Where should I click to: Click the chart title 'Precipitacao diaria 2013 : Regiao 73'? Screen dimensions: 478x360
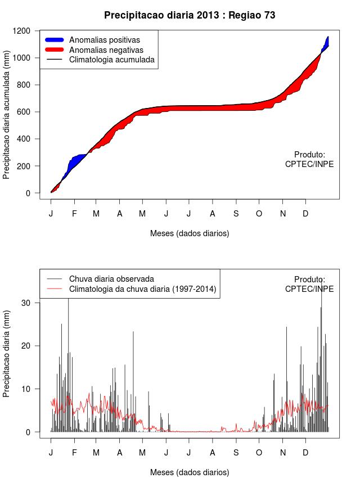pos(190,15)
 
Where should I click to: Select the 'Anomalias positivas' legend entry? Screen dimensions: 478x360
pos(104,40)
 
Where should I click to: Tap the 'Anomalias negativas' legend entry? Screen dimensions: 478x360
pos(105,49)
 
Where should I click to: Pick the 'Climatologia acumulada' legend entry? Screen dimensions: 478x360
pos(111,59)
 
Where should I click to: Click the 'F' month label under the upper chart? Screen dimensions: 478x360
pos(74,214)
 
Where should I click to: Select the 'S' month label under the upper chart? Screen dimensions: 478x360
pos(236,214)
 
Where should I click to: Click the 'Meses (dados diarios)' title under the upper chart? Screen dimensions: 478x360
pos(190,233)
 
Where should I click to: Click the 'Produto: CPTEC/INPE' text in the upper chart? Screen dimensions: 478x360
pos(309,159)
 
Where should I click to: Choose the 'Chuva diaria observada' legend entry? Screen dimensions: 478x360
pos(111,279)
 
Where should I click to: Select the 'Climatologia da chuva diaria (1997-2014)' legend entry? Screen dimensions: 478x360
pos(142,289)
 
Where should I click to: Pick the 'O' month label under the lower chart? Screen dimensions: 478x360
pos(259,452)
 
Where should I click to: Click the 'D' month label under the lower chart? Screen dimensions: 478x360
pos(305,452)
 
